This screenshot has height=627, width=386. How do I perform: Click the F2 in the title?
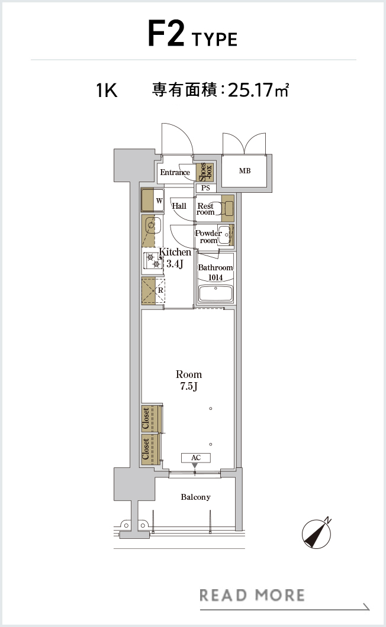pos(166,34)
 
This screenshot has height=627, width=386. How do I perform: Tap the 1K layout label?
pos(107,91)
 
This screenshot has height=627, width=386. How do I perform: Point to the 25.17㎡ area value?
pos(258,90)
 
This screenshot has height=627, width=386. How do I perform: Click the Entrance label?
pos(175,172)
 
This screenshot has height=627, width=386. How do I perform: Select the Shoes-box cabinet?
pos(205,172)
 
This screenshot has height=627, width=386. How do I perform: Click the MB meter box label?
pos(245,171)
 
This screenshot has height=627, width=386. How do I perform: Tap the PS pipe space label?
pos(205,188)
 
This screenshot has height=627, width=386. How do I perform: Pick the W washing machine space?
pos(153,200)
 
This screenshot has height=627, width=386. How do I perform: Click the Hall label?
pos(179,206)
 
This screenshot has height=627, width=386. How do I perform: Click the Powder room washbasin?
pos(224,235)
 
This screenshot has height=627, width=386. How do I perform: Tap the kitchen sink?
pos(152,226)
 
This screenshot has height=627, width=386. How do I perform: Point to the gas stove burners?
pos(153,261)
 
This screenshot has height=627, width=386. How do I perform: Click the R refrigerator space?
pos(153,290)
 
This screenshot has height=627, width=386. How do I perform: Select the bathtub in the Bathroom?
pos(215,294)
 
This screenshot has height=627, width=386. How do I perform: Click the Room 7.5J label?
pos(189,380)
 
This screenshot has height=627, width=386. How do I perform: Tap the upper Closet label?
pos(146,418)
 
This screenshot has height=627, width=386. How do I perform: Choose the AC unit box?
pos(196,458)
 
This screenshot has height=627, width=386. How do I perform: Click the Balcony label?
pos(195,497)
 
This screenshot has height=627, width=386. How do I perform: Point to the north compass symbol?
pos(317,534)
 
